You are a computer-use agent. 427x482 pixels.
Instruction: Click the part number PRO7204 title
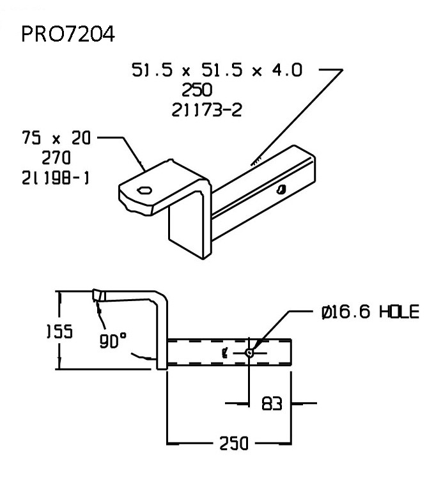(68, 34)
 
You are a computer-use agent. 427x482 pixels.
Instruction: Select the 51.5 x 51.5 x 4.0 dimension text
(217, 70)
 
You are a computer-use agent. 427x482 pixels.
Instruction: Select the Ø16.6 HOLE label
(370, 312)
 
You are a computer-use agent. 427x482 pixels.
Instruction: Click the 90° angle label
(113, 342)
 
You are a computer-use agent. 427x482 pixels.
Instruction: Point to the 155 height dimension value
(60, 332)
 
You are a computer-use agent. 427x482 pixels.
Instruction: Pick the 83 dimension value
(272, 404)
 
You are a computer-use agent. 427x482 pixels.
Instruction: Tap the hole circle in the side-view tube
(249, 352)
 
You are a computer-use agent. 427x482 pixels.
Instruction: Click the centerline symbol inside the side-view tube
(225, 352)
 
